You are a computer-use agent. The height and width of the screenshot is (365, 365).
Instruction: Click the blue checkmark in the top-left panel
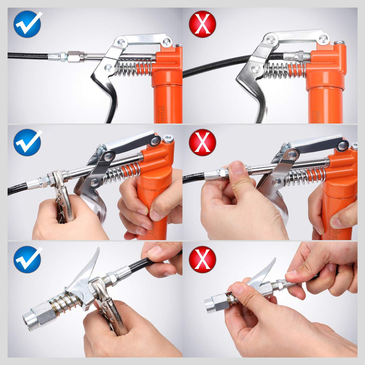pyautogui.click(x=27, y=24)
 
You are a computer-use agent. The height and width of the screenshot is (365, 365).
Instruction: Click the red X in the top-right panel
pyautogui.click(x=202, y=24)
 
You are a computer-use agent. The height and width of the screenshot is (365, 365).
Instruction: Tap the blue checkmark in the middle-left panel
pyautogui.click(x=27, y=142)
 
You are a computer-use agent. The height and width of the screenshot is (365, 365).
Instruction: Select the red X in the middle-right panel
pyautogui.click(x=202, y=142)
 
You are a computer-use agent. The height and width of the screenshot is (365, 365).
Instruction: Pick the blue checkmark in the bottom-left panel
pyautogui.click(x=27, y=259)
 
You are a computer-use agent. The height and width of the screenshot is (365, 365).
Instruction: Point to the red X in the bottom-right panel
pyautogui.click(x=202, y=259)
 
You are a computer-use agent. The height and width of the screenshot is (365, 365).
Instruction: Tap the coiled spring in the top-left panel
pyautogui.click(x=132, y=69)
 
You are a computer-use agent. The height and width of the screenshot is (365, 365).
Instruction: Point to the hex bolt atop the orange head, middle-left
pyautogui.click(x=168, y=139)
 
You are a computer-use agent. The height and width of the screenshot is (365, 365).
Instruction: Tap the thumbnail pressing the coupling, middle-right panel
pyautogui.click(x=238, y=167)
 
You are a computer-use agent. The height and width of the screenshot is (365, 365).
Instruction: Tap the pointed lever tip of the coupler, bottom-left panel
pyautogui.click(x=97, y=251)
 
